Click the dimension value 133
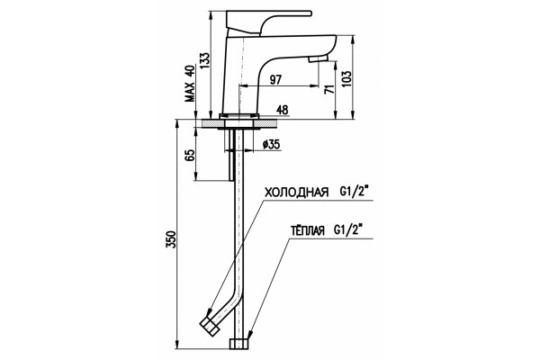pos(204,61)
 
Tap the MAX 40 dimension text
pos(190,84)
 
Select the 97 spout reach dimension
pos(275,79)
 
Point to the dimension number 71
pos(329,89)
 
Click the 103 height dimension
pos(347,78)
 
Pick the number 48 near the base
pos(283,110)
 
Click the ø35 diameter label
pos(271,144)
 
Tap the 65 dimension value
pos(190,156)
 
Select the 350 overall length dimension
pos(171,239)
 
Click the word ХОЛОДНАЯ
pos(296,193)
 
